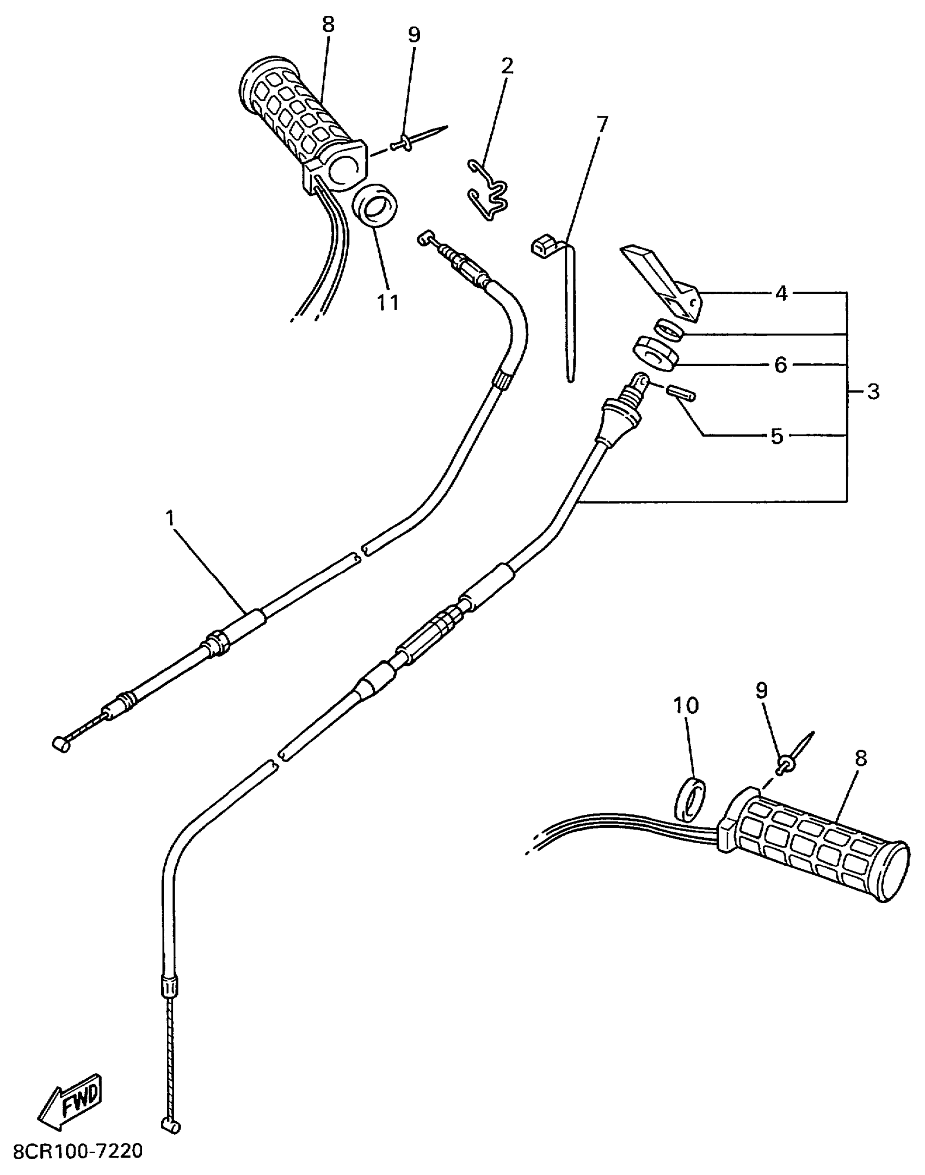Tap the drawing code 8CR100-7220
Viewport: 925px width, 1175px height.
[78, 1151]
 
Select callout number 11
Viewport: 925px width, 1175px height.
[388, 302]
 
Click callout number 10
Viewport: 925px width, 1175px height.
[686, 706]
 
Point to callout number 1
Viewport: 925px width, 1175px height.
[171, 518]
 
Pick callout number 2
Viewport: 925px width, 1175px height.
[507, 66]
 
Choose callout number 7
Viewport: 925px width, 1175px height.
[600, 125]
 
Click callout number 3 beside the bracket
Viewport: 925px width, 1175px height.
[873, 392]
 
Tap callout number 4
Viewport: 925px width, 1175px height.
[781, 294]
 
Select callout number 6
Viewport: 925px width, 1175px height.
[781, 365]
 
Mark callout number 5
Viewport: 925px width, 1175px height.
[776, 436]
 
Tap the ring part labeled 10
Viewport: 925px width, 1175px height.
[692, 800]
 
